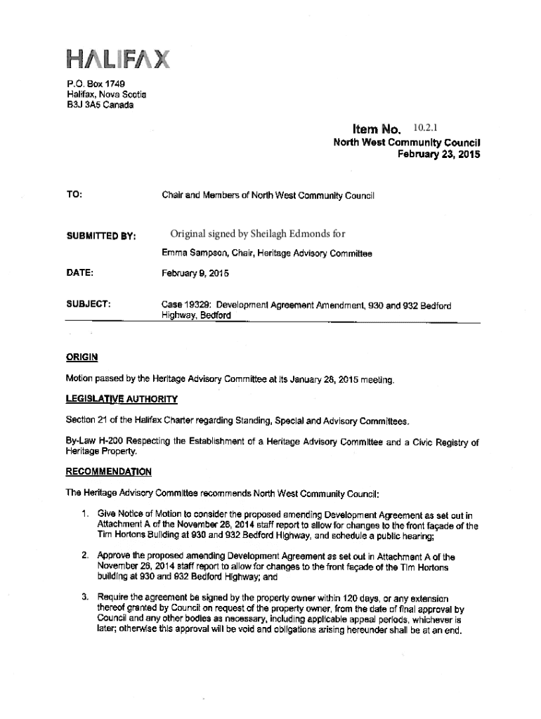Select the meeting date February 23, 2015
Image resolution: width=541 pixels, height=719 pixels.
coord(438,154)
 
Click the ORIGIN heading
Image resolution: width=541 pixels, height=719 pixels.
coord(82,357)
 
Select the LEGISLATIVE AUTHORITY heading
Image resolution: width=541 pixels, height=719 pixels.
coord(122,400)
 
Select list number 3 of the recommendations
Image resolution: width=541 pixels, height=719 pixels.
coord(84,597)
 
